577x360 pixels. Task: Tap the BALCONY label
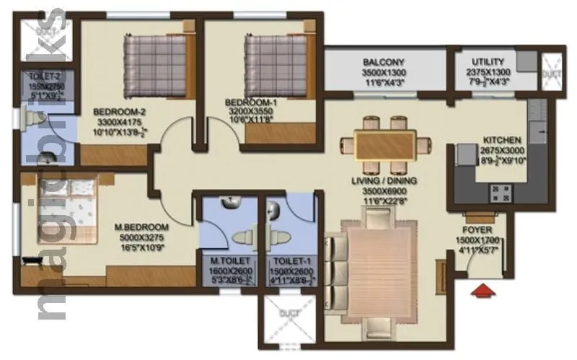pyautogui.click(x=383, y=62)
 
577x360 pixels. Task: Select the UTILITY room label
pyautogui.click(x=488, y=62)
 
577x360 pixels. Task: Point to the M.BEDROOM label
pyautogui.click(x=141, y=226)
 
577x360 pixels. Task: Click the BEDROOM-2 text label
pyautogui.click(x=120, y=112)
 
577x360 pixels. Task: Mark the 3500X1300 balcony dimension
pyautogui.click(x=383, y=73)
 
